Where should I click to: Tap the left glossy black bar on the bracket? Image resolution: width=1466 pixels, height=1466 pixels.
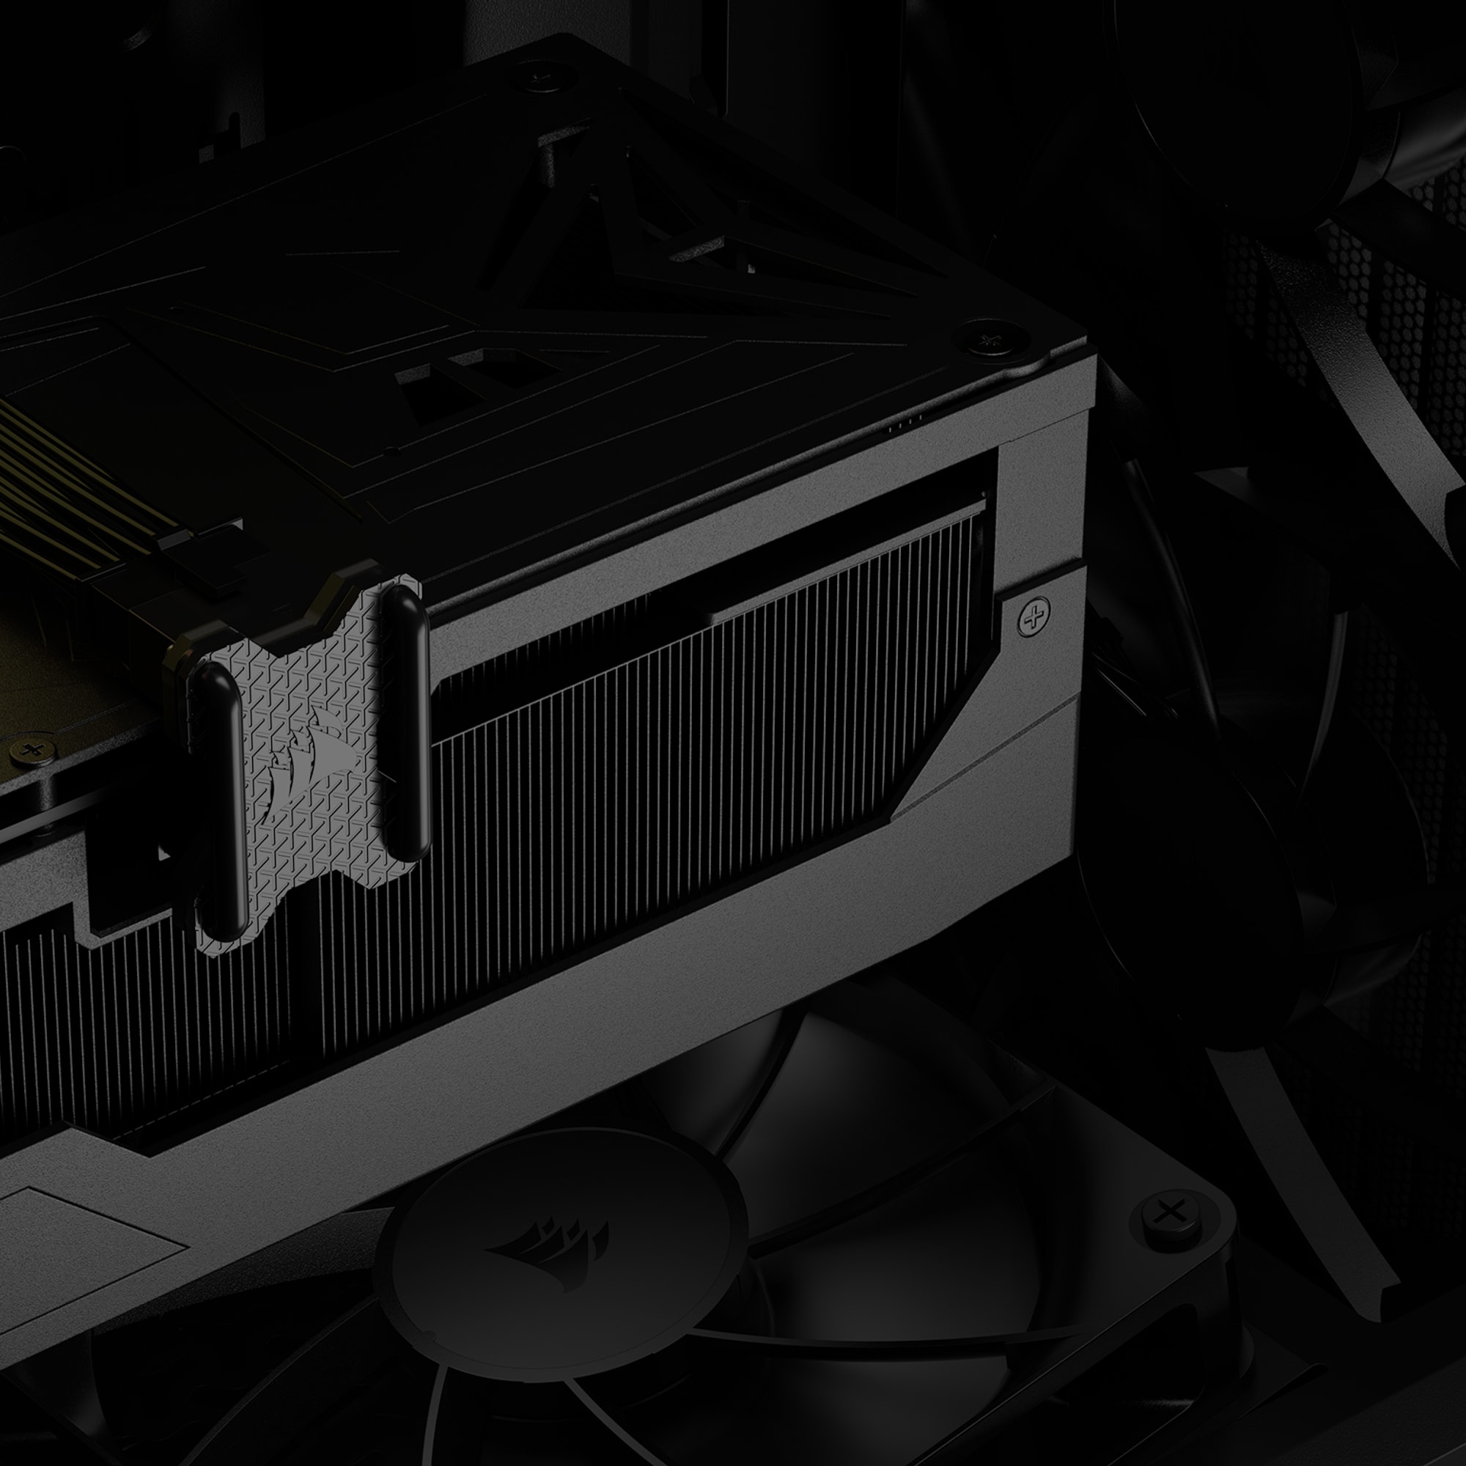pyautogui.click(x=218, y=797)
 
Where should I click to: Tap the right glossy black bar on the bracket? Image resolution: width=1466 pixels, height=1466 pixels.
pyautogui.click(x=407, y=721)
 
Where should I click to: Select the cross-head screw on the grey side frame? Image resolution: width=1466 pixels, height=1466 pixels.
pyautogui.click(x=1034, y=616)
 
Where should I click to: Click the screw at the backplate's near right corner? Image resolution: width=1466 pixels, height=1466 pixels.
pyautogui.click(x=990, y=341)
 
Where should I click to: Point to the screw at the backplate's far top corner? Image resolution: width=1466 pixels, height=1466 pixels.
pyautogui.click(x=543, y=76)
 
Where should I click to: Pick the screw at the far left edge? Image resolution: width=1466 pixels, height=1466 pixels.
pyautogui.click(x=32, y=751)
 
